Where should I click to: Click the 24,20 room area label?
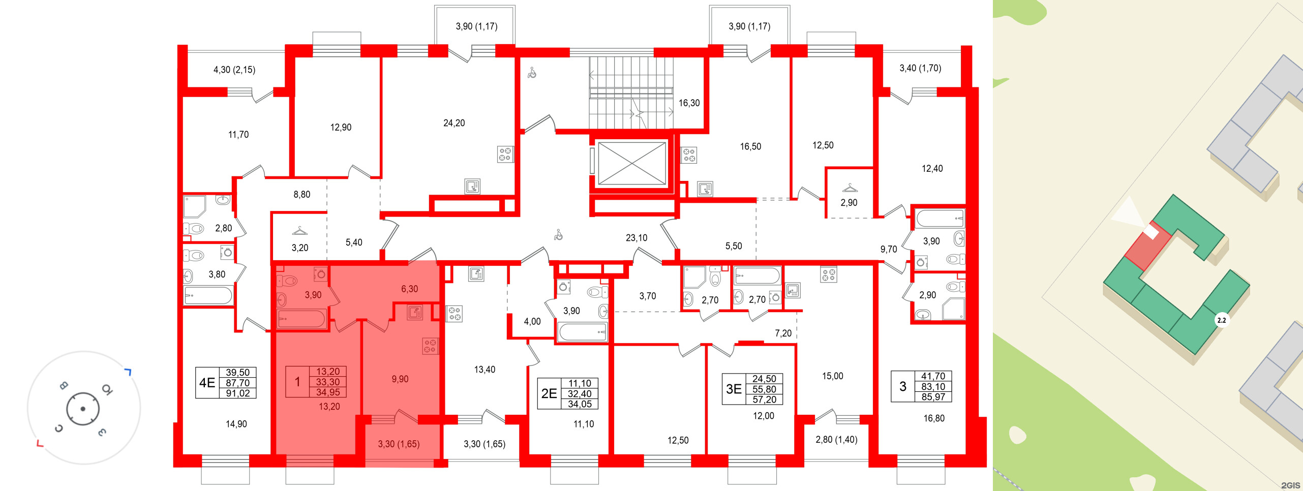tap(454, 123)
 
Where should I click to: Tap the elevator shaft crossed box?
tap(631, 163)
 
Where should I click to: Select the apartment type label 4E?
tap(207, 382)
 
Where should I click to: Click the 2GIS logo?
tap(1290, 485)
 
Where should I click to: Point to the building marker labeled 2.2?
tap(1221, 320)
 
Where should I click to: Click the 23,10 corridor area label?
tap(637, 238)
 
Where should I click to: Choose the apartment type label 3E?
tap(734, 389)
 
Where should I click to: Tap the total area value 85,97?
tap(933, 397)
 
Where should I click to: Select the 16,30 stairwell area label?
tap(689, 103)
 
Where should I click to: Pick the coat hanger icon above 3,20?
tap(300, 231)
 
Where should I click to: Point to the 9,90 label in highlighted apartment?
tap(400, 379)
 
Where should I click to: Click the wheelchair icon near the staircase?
tap(532, 73)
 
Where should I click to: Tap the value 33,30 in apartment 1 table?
tap(328, 382)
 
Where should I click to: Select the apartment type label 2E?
tap(549, 393)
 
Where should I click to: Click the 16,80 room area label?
tap(934, 418)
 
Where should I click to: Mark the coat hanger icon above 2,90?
tap(850, 188)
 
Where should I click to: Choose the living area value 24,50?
tap(764, 379)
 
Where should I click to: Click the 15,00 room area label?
tap(833, 376)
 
